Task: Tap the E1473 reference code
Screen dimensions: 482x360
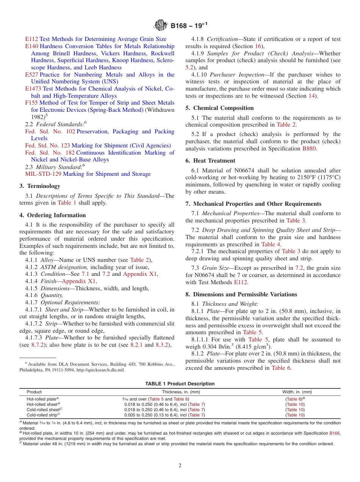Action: (33, 89)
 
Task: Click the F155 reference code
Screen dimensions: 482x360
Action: (31, 103)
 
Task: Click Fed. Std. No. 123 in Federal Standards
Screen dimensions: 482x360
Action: (47, 146)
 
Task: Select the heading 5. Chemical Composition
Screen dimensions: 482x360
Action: (219, 108)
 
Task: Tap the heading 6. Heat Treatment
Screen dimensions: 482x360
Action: (210, 161)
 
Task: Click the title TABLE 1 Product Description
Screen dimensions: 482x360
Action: (180, 384)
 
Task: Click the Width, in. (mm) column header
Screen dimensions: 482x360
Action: (297, 392)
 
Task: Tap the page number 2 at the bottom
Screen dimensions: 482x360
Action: (180, 466)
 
